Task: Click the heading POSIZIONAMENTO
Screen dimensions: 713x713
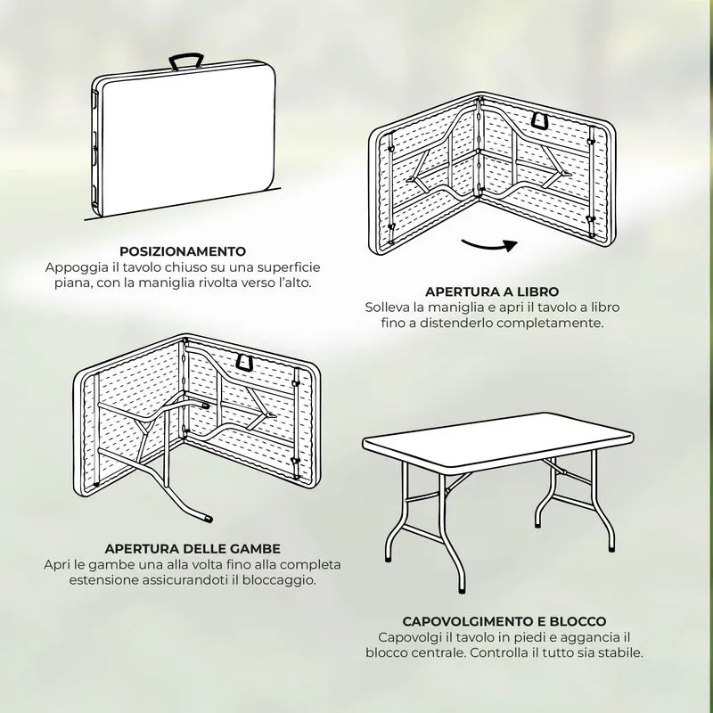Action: [x=183, y=251]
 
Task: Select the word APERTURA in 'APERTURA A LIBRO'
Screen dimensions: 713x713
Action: [x=456, y=291]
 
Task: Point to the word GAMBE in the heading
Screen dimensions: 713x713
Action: [x=258, y=549]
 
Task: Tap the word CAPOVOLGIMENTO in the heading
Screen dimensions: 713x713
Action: [x=467, y=621]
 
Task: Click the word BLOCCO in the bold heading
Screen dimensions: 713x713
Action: [x=578, y=621]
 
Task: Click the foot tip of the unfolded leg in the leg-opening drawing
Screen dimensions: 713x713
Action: [x=209, y=519]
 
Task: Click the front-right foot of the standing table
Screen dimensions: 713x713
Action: [x=463, y=589]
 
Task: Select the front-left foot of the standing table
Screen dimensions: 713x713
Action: [x=388, y=558]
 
